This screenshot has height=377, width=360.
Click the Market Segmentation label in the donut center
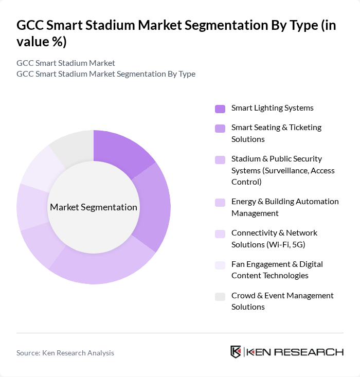pyautogui.click(x=94, y=207)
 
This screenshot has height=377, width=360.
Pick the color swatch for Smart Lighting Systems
pyautogui.click(x=220, y=109)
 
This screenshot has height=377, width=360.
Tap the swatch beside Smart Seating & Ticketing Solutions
pyautogui.click(x=220, y=128)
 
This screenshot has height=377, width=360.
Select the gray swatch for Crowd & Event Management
pyautogui.click(x=220, y=296)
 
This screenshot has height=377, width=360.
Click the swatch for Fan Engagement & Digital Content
pyautogui.click(x=220, y=264)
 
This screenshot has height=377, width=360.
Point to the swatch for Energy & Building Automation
pyautogui.click(x=220, y=202)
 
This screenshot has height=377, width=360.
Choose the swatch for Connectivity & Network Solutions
pyautogui.click(x=220, y=233)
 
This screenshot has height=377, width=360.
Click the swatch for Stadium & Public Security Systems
pyautogui.click(x=220, y=159)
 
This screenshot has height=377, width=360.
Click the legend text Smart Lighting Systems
pyautogui.click(x=272, y=108)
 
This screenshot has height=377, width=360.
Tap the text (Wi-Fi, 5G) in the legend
pyautogui.click(x=289, y=244)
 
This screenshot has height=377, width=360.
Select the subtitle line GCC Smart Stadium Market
pyautogui.click(x=66, y=63)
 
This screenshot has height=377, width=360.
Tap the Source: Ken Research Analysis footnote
pyautogui.click(x=65, y=353)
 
